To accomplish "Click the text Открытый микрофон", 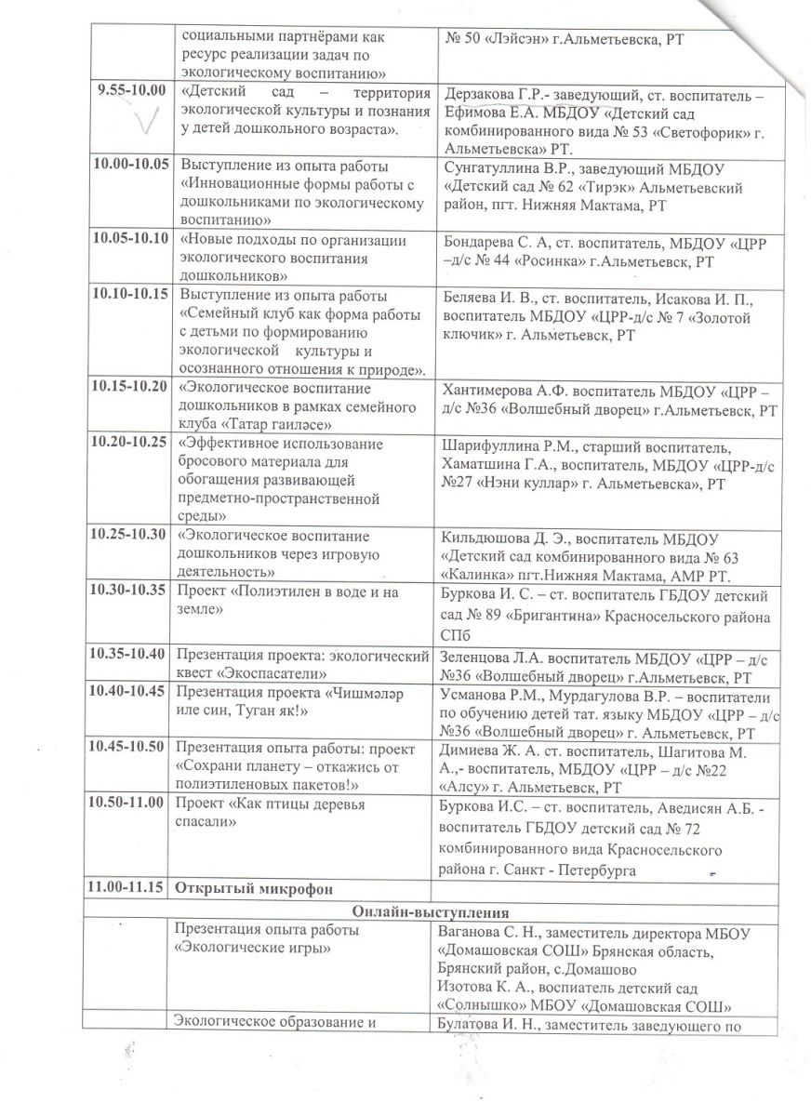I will (x=248, y=887).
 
